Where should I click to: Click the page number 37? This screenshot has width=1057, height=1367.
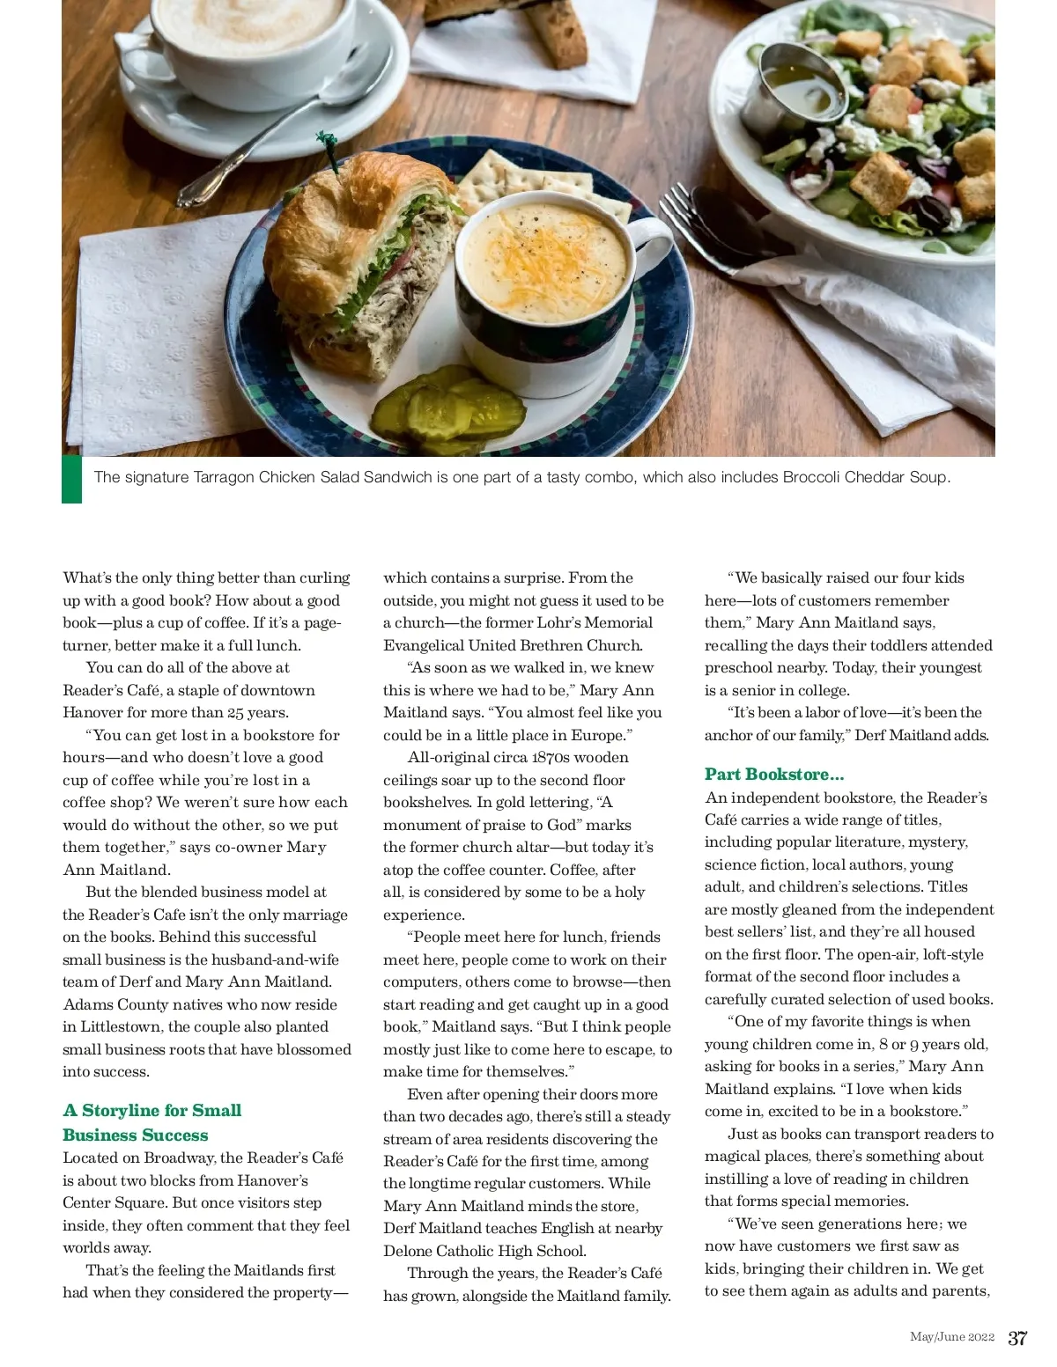coord(1016,1338)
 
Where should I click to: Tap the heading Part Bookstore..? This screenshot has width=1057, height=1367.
coord(774,775)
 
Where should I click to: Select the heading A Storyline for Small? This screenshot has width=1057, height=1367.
coord(152,1110)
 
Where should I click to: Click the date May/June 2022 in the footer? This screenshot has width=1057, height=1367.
coord(951,1337)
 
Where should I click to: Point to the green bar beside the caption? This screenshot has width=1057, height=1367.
coord(71,480)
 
